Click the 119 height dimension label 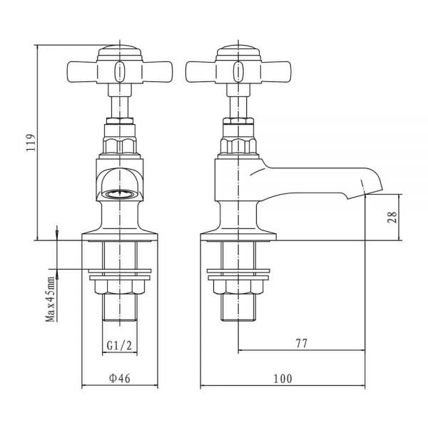pyautogui.click(x=31, y=143)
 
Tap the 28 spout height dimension pyautogui.click(x=392, y=218)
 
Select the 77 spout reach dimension pyautogui.click(x=302, y=343)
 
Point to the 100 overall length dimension pyautogui.click(x=282, y=379)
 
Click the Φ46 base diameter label pyautogui.click(x=120, y=378)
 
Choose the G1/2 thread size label pyautogui.click(x=119, y=346)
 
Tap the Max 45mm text pyautogui.click(x=51, y=300)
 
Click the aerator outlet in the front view pyautogui.click(x=120, y=194)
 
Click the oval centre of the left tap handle pyautogui.click(x=120, y=72)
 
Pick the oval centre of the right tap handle pyautogui.click(x=238, y=72)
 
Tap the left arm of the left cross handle pyautogui.click(x=82, y=71)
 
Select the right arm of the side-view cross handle pyautogui.click(x=276, y=71)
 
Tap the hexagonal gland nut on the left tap pyautogui.click(x=120, y=146)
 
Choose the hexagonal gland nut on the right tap pyautogui.click(x=238, y=146)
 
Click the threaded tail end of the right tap pyautogui.click(x=238, y=308)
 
